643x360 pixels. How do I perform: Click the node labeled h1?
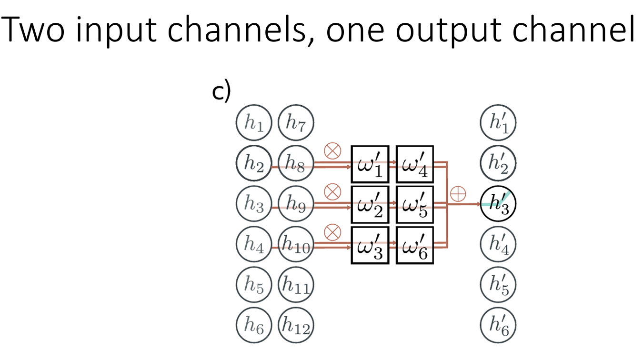click(253, 123)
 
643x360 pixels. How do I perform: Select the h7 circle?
click(295, 123)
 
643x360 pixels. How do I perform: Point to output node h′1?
click(498, 123)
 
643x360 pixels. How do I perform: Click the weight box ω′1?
click(370, 164)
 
